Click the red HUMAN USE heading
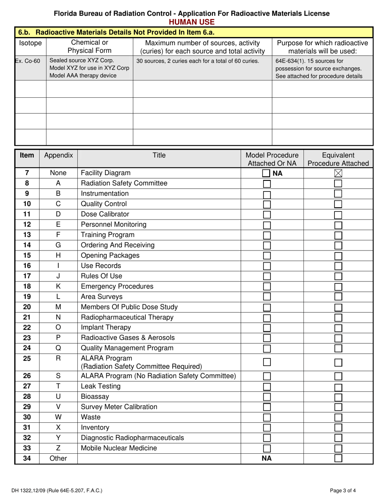[192, 22]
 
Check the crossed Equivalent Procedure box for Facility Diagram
[338, 174]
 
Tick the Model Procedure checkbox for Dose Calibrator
[267, 215]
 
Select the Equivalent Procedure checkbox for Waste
[338, 417]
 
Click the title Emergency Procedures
[117, 286]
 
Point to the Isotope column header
[30, 43]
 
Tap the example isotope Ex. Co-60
[28, 61]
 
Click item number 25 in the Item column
[27, 358]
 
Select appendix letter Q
[58, 347]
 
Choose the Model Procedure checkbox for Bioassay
[267, 397]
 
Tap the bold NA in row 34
[266, 458]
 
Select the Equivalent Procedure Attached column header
[338, 159]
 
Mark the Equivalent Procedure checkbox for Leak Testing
[338, 387]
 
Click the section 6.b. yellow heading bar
[194, 31]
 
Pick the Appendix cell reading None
[58, 173]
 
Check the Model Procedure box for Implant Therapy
[267, 327]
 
